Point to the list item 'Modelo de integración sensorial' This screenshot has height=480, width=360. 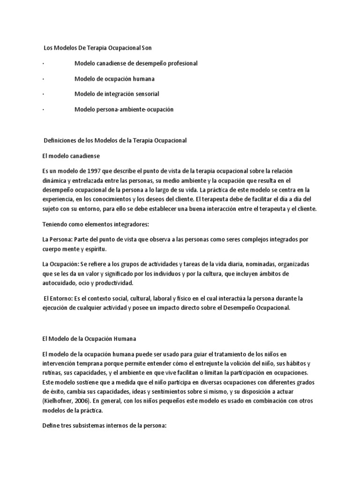[x=117, y=94]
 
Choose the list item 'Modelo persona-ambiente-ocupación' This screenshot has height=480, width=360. [x=124, y=109]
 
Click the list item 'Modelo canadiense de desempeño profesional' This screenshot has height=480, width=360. [x=136, y=63]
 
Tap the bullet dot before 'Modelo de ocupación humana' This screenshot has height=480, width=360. [x=43, y=79]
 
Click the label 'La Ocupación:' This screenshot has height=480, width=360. [x=61, y=264]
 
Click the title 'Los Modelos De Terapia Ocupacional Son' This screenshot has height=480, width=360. [x=97, y=48]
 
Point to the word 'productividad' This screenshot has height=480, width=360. [x=116, y=284]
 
